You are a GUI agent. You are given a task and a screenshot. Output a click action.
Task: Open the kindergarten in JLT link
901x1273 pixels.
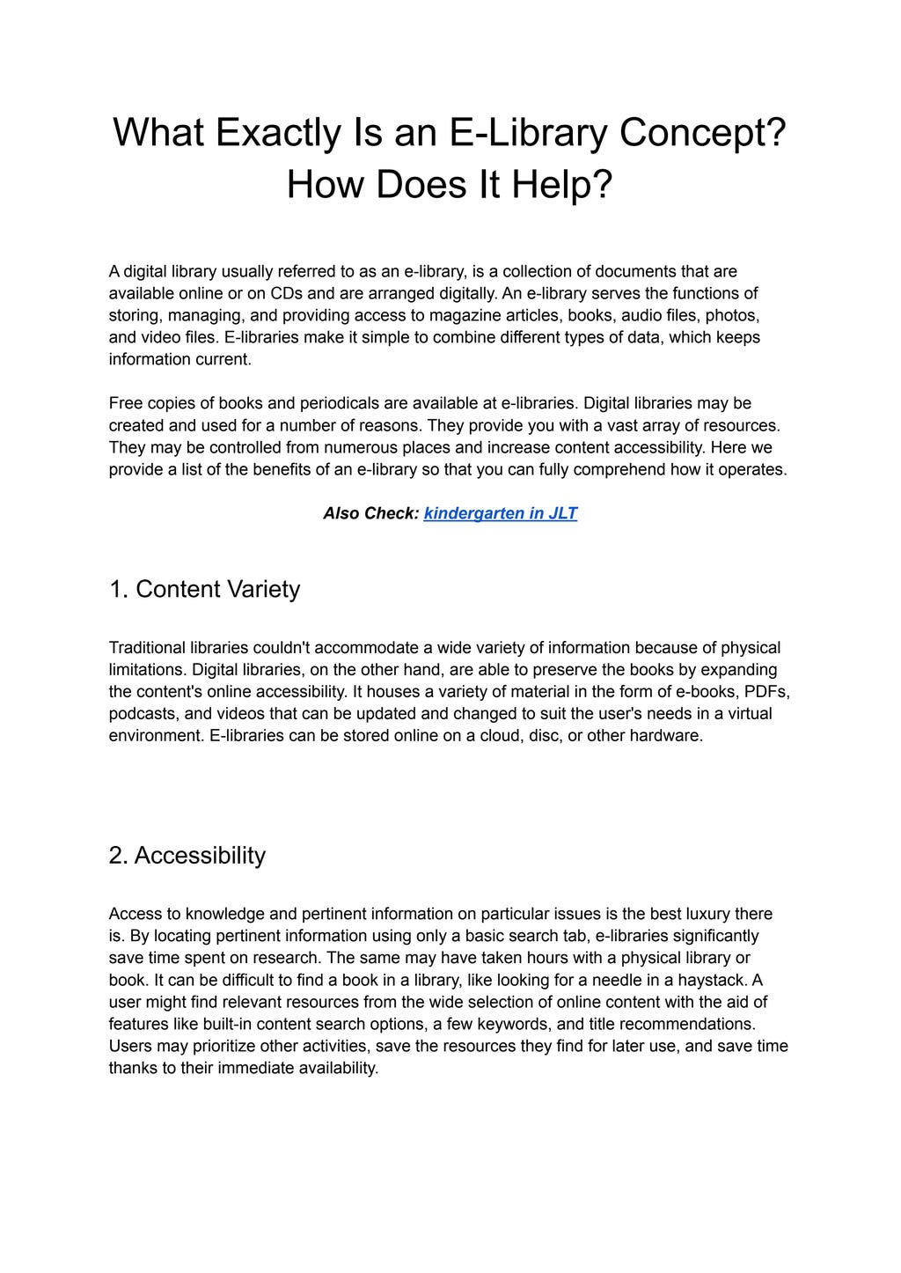[500, 513]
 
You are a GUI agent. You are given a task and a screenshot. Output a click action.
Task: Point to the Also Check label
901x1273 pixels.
[370, 513]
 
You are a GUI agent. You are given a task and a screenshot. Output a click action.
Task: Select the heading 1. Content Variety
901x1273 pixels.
[204, 589]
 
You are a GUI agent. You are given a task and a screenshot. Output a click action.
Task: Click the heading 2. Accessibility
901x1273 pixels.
[187, 856]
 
